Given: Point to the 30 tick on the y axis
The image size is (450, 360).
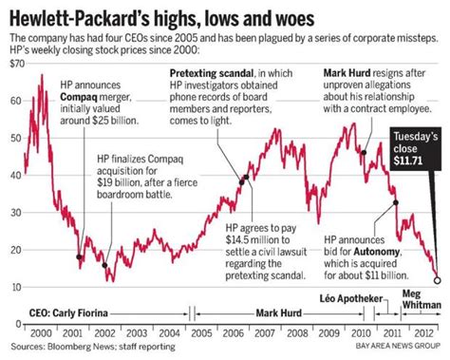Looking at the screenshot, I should point(14,212).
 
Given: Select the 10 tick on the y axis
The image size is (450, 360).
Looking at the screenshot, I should point(14,286).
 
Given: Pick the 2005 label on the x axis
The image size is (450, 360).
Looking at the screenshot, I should point(197,335).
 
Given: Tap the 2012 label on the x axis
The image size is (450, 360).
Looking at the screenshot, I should point(419,335).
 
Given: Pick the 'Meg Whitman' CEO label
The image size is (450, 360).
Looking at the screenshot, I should point(424,298).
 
